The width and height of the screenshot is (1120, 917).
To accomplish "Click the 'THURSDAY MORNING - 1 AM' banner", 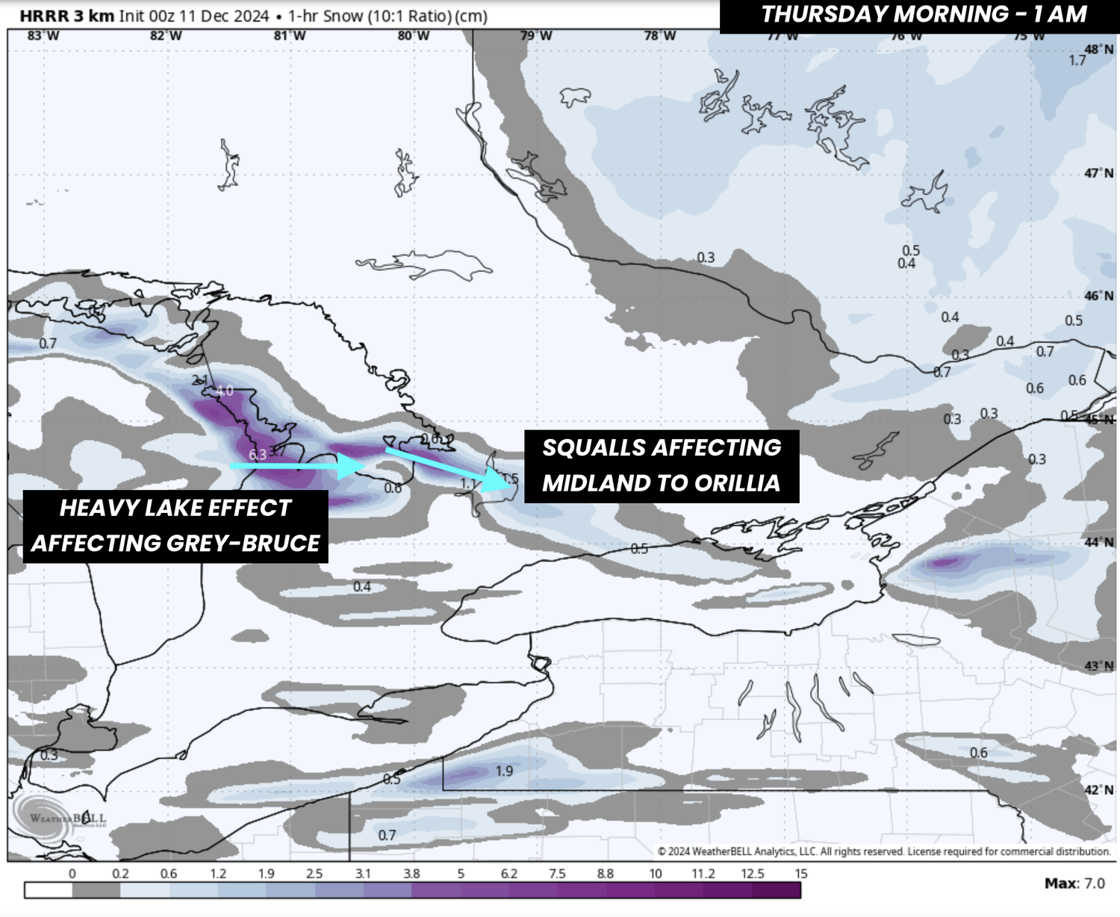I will pos(923,16).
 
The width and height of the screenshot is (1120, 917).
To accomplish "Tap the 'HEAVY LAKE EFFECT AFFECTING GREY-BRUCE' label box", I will pos(175,526).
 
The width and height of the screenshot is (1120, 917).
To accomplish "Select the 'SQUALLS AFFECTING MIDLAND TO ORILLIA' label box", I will pos(662,465).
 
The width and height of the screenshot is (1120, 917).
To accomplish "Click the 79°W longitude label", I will pos(536,36).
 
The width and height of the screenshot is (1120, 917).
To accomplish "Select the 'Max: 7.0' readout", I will pos(1074,883).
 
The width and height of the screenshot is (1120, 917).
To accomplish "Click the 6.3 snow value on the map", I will pos(257,454).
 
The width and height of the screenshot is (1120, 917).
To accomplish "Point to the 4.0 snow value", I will pos(224,391).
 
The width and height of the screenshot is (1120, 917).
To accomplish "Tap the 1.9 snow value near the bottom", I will pos(505,771).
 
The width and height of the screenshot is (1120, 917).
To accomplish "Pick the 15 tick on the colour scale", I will pos(800,873).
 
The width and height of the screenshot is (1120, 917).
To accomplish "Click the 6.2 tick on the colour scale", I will pos(508,873).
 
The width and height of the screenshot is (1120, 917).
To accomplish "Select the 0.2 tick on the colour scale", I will pos(120,873).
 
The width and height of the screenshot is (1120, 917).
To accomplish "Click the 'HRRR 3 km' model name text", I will pos(66,16).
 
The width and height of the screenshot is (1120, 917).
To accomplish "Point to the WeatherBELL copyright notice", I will pos(884,851).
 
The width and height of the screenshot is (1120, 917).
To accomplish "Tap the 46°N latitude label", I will pos(1098,296).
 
